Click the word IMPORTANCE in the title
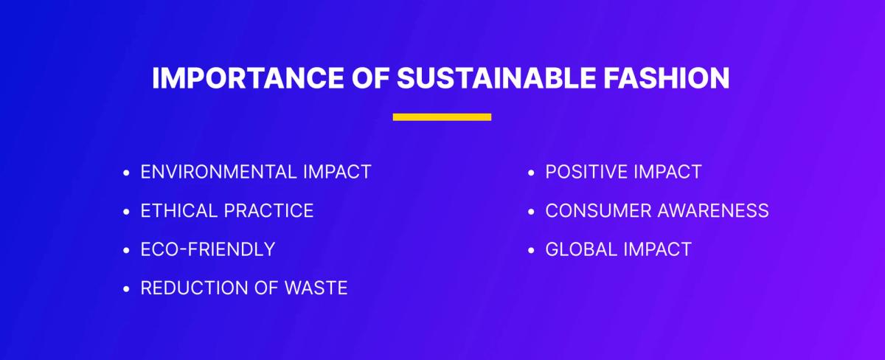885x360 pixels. [248, 78]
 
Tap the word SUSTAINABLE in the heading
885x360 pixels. [496, 78]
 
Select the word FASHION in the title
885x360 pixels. [666, 78]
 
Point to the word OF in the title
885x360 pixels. [370, 78]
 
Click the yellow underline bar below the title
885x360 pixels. [442, 117]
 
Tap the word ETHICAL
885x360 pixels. [178, 211]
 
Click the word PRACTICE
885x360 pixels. [268, 211]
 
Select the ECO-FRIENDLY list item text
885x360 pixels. [208, 249]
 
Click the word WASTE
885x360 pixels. [316, 288]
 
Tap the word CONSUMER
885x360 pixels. [598, 211]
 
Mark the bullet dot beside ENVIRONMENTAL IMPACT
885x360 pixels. [126, 173]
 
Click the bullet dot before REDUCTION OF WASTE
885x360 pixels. [126, 289]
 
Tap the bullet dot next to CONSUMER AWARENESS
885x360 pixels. [531, 212]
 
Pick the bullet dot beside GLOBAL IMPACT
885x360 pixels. [531, 250]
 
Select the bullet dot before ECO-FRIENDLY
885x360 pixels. [126, 250]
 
